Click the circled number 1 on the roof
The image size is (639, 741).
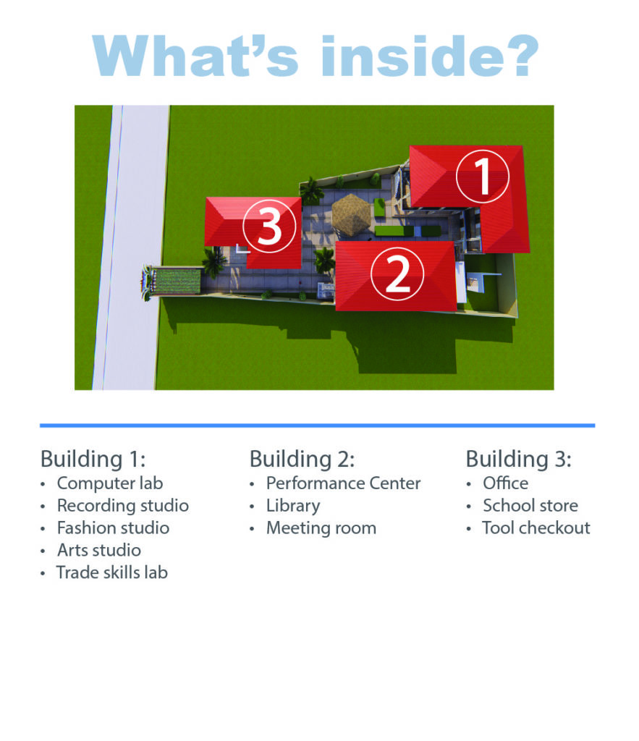click(483, 176)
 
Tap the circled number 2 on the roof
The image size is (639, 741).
click(397, 274)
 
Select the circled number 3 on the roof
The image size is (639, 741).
click(269, 226)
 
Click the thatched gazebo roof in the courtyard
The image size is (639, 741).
click(351, 214)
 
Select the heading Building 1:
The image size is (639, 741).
click(93, 459)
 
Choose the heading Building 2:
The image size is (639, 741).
click(302, 459)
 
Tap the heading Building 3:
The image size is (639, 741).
click(518, 459)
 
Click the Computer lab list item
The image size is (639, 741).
click(110, 483)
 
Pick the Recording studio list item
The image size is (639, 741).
click(123, 506)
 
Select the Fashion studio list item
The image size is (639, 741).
click(113, 528)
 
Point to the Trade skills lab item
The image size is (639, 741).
click(112, 572)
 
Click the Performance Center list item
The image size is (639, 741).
click(343, 483)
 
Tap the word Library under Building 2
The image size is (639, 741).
click(293, 506)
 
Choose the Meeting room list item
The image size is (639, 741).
click(321, 528)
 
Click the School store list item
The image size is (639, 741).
click(530, 506)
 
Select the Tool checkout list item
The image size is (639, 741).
click(536, 528)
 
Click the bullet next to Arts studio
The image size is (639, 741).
click(43, 551)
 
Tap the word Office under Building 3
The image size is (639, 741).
click(505, 483)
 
